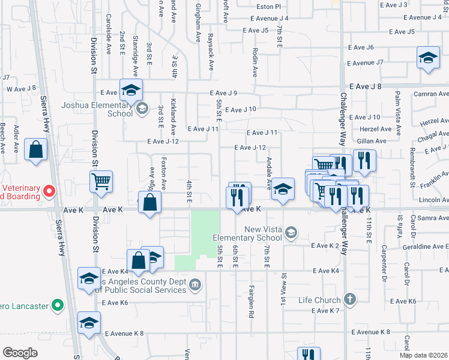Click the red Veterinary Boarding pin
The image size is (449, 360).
(x=49, y=191)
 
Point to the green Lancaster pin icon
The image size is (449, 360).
(x=58, y=305)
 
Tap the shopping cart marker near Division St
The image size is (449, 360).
(x=101, y=180)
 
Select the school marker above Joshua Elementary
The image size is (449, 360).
(x=131, y=90)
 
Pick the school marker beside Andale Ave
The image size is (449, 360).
(x=283, y=189)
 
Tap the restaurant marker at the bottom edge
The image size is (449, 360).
(x=309, y=355)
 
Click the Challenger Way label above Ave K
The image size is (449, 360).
(x=343, y=120)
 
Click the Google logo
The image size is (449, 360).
(x=20, y=353)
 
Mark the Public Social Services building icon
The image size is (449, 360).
(x=195, y=284)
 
